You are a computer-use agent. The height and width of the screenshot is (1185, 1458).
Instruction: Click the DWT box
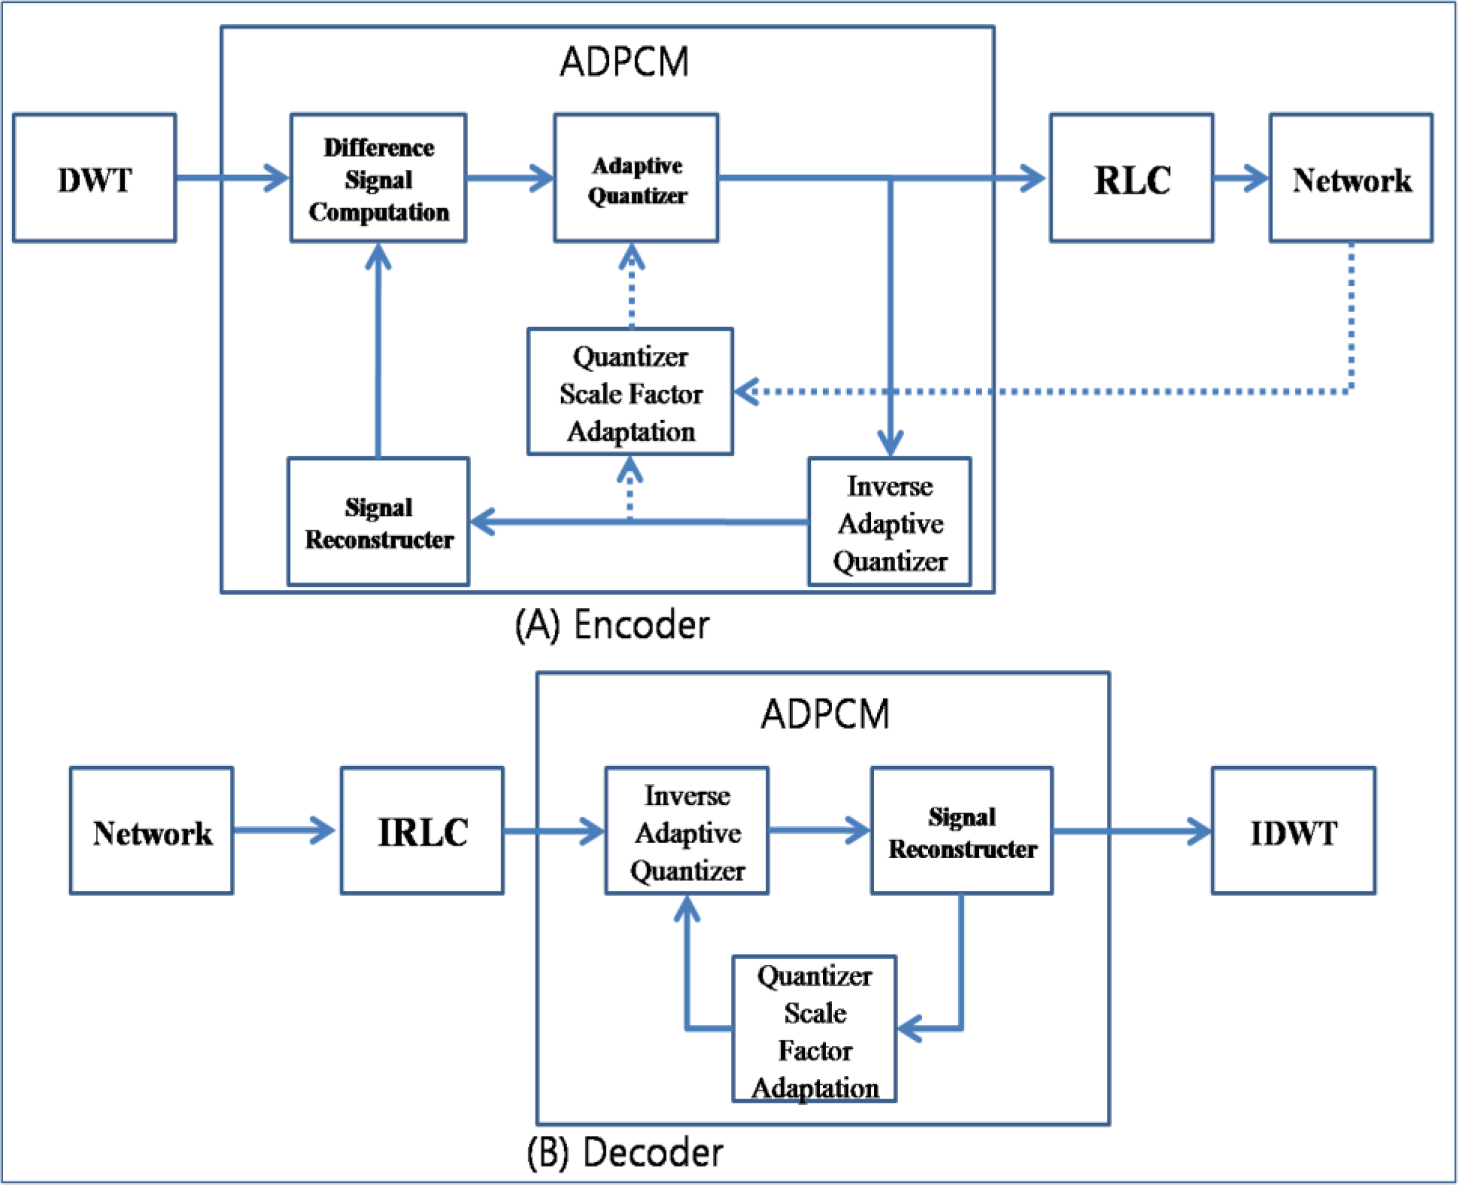pyautogui.click(x=94, y=178)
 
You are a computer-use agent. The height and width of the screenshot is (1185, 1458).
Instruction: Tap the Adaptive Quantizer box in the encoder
pyautogui.click(x=636, y=178)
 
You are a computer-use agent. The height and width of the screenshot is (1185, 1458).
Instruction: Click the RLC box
pyautogui.click(x=1131, y=178)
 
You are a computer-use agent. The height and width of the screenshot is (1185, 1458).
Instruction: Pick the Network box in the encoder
pyautogui.click(x=1351, y=178)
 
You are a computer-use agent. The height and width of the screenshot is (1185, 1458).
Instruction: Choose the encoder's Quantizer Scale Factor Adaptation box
pyautogui.click(x=630, y=392)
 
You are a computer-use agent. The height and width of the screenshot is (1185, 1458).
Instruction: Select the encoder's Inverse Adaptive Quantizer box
pyautogui.click(x=889, y=522)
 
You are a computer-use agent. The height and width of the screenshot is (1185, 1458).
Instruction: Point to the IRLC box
pyautogui.click(x=422, y=831)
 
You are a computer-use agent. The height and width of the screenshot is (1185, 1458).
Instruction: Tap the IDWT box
pyautogui.click(x=1293, y=831)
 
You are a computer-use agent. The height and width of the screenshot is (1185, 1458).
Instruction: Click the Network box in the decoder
pyautogui.click(x=152, y=831)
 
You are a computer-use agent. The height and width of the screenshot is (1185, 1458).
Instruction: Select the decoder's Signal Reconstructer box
pyautogui.click(x=961, y=831)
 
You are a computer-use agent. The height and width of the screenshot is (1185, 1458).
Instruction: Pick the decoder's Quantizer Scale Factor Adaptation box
pyautogui.click(x=814, y=1029)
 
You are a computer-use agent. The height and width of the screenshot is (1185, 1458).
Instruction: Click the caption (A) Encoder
pyautogui.click(x=611, y=624)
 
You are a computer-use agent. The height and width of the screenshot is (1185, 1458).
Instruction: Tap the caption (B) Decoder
pyautogui.click(x=624, y=1153)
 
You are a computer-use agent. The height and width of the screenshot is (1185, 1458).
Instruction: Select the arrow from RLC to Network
pyautogui.click(x=1240, y=178)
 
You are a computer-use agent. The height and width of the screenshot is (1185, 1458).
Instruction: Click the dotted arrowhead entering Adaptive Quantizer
pyautogui.click(x=632, y=258)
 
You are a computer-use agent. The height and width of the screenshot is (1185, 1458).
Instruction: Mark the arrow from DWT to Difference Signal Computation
pyautogui.click(x=232, y=178)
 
